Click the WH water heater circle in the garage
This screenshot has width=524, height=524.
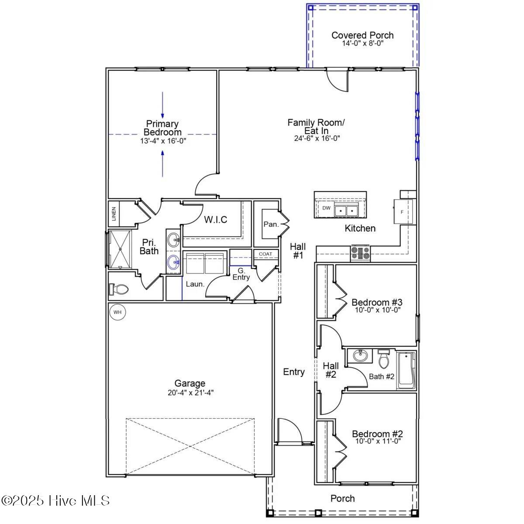pyautogui.click(x=117, y=312)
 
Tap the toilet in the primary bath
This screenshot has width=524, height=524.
pyautogui.click(x=118, y=289)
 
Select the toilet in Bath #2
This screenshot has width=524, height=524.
pyautogui.click(x=383, y=359)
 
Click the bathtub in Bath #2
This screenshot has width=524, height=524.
pyautogui.click(x=406, y=370)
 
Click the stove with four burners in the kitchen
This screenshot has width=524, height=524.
pyautogui.click(x=360, y=253)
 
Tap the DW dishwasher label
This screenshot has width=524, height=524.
pyautogui.click(x=326, y=208)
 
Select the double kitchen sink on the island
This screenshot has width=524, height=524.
pyautogui.click(x=346, y=210)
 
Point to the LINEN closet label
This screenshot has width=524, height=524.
pyautogui.click(x=114, y=214)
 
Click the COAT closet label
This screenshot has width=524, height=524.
pyautogui.click(x=265, y=254)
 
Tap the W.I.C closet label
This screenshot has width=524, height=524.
pyautogui.click(x=216, y=220)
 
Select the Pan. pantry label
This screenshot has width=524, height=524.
pyautogui.click(x=271, y=224)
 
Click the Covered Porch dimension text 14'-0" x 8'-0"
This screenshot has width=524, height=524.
pyautogui.click(x=363, y=43)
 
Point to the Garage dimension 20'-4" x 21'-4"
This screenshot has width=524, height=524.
pyautogui.click(x=191, y=393)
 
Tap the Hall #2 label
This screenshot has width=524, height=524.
pyautogui.click(x=331, y=370)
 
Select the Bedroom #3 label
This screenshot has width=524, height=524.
pyautogui.click(x=377, y=302)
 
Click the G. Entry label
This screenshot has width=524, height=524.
pyautogui.click(x=241, y=274)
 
